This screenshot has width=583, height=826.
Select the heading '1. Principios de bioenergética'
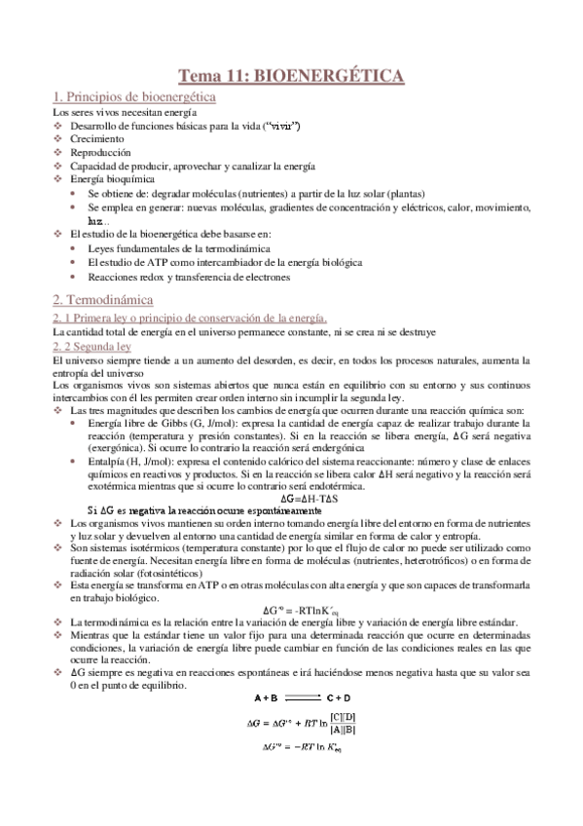pos(134,97)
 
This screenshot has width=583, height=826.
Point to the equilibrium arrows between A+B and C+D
pos(304,724)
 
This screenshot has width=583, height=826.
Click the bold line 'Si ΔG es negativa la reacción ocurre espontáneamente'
pos(204,510)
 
